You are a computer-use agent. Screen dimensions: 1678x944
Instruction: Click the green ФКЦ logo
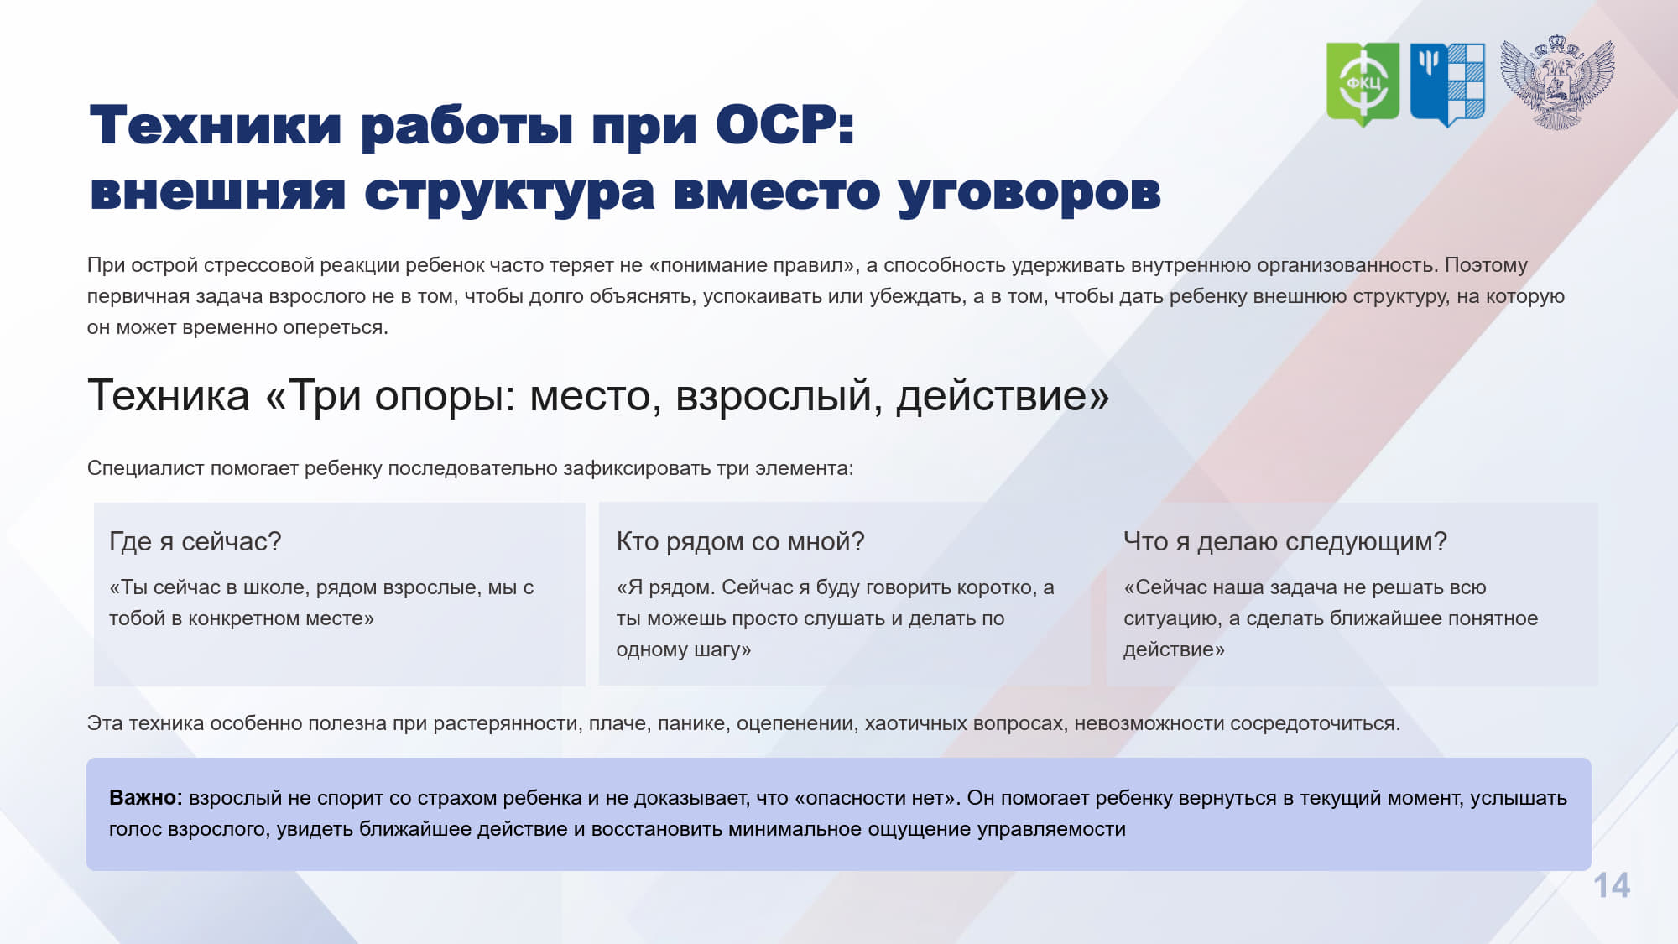(x=1363, y=84)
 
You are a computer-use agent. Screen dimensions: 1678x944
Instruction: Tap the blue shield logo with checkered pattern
(x=1447, y=84)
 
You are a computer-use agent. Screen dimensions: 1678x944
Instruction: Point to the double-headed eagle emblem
(x=1557, y=82)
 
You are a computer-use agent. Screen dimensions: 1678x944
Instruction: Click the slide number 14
(x=1612, y=886)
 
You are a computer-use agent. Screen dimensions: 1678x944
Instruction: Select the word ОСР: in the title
(x=785, y=126)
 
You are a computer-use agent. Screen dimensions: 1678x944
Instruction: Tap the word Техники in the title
(x=216, y=126)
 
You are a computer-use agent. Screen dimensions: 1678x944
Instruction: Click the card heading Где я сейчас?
(x=195, y=542)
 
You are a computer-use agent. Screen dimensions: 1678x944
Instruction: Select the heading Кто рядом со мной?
(x=740, y=542)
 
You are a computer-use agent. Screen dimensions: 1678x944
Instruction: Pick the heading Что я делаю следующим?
(x=1285, y=542)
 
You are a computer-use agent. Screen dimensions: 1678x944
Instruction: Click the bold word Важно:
(x=146, y=798)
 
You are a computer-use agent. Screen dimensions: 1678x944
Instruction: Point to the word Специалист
(x=146, y=468)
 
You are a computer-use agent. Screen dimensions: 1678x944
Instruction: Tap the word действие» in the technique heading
(x=1003, y=396)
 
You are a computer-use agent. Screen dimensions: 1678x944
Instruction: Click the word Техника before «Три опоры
(x=169, y=396)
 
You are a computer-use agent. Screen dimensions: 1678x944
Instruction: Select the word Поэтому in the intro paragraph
(x=1486, y=265)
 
